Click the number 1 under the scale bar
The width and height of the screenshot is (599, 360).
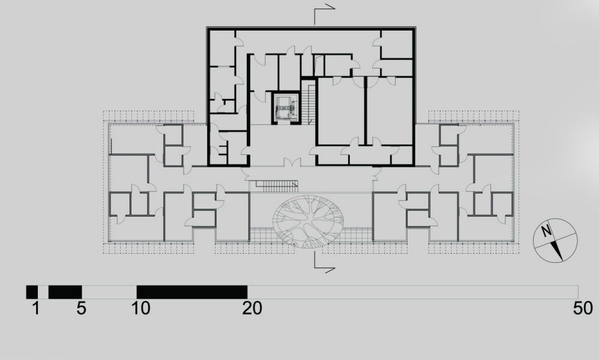click(x=36, y=308)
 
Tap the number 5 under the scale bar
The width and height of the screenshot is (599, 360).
click(x=81, y=308)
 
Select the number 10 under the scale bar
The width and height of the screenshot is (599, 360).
click(x=141, y=308)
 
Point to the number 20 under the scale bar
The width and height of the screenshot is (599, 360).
click(x=252, y=308)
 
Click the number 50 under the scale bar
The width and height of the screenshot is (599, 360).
click(x=583, y=308)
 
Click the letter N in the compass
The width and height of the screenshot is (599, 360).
click(x=547, y=231)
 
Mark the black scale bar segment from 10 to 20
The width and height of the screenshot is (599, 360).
click(x=192, y=292)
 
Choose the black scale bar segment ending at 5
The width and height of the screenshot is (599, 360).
click(x=65, y=292)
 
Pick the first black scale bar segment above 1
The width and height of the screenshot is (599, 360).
click(x=32, y=292)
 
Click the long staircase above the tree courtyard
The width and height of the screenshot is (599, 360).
click(x=277, y=186)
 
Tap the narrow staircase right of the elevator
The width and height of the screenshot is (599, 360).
click(x=308, y=103)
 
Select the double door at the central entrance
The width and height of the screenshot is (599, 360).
click(x=292, y=163)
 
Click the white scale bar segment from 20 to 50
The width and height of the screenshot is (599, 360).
click(x=412, y=292)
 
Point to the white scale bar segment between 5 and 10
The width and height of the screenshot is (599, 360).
click(x=109, y=292)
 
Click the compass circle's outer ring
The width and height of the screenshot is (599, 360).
click(x=534, y=241)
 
